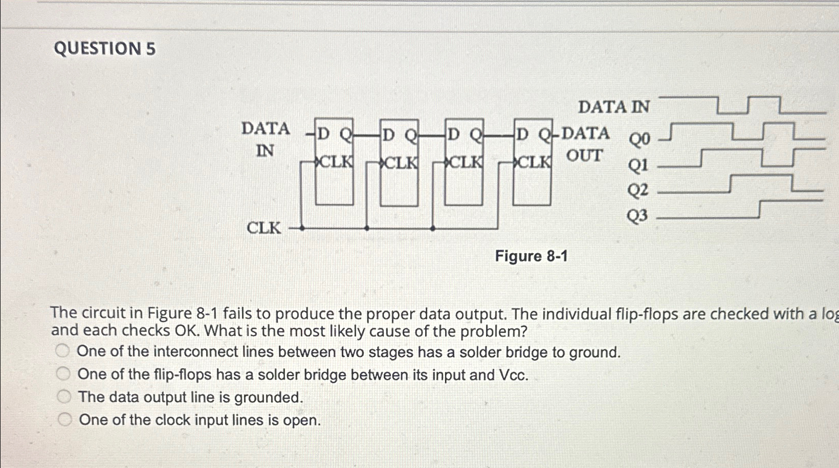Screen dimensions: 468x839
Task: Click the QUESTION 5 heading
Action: tap(105, 49)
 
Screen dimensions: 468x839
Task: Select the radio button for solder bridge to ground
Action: tap(62, 351)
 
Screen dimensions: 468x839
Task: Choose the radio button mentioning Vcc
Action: tap(63, 374)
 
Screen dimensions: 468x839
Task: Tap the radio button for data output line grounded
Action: tap(64, 396)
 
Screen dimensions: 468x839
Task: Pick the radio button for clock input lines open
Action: tap(64, 419)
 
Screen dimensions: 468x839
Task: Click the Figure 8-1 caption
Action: tap(531, 256)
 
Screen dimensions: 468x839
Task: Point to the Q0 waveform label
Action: tap(639, 139)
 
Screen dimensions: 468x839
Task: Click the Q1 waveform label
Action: tap(638, 165)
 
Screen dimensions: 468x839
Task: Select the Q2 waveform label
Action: tap(638, 190)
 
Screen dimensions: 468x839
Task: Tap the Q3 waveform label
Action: tap(637, 216)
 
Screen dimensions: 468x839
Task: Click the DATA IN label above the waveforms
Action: tap(613, 107)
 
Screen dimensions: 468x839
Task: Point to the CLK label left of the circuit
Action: tap(264, 228)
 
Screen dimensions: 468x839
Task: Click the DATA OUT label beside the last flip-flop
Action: tap(585, 144)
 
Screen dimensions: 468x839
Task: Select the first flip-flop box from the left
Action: tap(334, 162)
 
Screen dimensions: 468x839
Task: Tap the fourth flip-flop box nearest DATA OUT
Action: tap(532, 162)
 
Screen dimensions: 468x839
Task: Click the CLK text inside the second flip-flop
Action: tap(400, 163)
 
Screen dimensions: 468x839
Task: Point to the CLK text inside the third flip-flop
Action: tap(465, 162)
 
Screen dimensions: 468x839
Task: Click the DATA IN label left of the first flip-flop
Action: tap(266, 139)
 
